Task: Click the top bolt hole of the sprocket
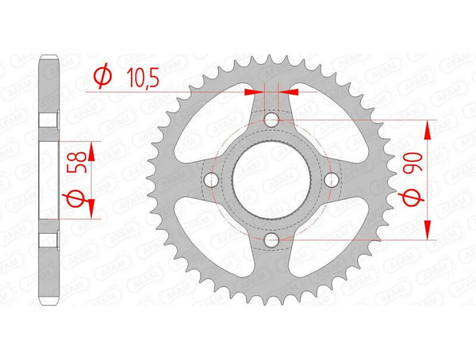pyautogui.click(x=271, y=120)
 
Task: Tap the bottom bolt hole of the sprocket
pyautogui.click(x=271, y=239)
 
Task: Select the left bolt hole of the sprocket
pyautogui.click(x=212, y=179)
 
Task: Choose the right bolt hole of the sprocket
pyautogui.click(x=331, y=179)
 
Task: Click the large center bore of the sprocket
pyautogui.click(x=271, y=179)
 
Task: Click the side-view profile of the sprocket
pyautogui.click(x=50, y=179)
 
